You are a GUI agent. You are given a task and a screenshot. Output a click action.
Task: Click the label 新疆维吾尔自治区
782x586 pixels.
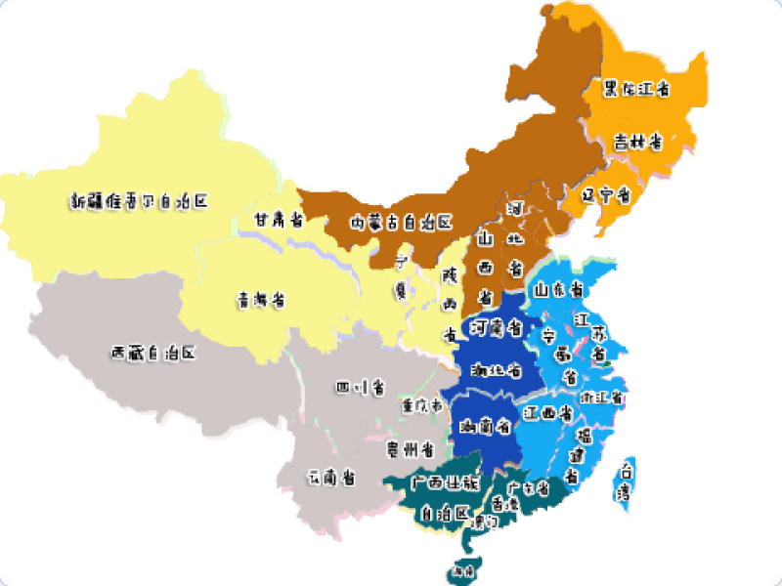pos(140,201)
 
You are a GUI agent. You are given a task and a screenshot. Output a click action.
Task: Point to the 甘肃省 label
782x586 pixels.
pos(278,220)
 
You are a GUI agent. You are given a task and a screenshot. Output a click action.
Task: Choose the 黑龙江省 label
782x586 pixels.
pos(636,89)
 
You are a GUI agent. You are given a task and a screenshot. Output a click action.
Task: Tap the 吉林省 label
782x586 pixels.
pos(638,142)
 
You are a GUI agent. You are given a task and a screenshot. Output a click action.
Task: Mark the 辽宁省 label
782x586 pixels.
pos(605,194)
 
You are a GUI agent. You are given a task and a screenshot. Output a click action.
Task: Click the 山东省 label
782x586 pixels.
pos(558,290)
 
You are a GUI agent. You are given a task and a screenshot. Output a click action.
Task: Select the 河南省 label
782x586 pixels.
pos(495,326)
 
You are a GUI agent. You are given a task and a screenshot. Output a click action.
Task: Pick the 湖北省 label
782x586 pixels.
pos(495,371)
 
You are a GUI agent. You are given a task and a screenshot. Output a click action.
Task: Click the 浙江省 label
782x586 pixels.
pos(602,398)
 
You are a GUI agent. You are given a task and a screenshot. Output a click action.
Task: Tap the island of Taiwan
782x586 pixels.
pos(622,481)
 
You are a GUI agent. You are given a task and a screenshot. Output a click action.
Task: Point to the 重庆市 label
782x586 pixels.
pos(422,404)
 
